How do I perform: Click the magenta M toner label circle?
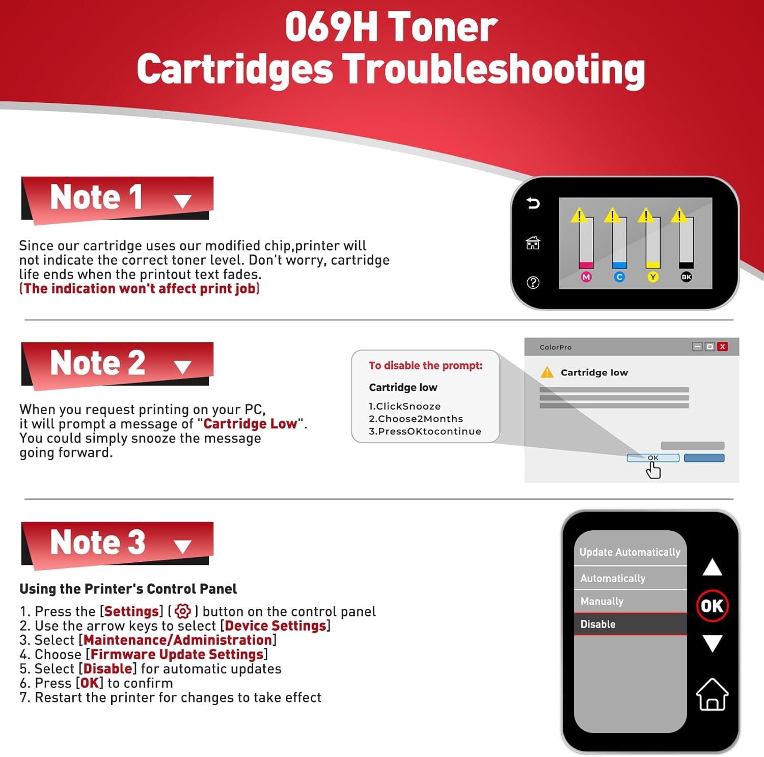586,277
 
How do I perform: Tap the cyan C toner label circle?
619,277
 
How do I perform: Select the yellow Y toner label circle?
653,277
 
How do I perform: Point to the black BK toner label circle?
686,277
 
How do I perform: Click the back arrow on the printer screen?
533,203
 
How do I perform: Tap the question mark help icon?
533,282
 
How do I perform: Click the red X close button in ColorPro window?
722,346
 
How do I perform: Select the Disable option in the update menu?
630,624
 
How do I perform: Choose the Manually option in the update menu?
630,601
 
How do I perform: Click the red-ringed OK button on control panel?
712,606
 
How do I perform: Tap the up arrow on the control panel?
712,567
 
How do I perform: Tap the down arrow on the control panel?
712,643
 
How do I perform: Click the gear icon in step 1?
182,611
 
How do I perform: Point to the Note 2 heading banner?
117,364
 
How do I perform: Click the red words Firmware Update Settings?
177,654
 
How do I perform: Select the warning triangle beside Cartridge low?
547,372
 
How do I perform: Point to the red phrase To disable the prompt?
425,365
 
